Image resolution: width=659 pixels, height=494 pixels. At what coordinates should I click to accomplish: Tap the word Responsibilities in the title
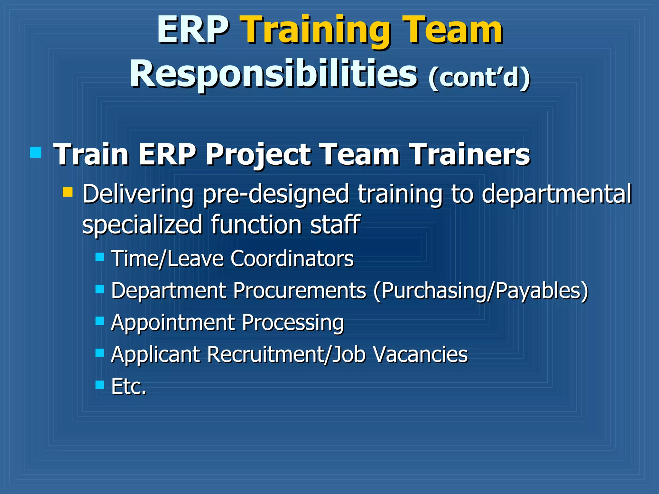[274, 75]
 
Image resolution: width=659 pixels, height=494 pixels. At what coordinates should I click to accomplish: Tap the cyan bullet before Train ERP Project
[35, 152]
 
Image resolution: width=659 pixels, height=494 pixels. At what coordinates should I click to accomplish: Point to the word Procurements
[300, 290]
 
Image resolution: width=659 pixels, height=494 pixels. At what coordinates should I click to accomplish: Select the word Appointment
[172, 322]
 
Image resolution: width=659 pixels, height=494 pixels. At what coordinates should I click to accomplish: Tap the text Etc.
[129, 386]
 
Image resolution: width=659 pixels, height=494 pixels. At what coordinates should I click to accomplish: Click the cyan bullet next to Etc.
[100, 384]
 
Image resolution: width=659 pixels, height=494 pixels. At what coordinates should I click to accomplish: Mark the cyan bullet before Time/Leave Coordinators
[100, 257]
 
